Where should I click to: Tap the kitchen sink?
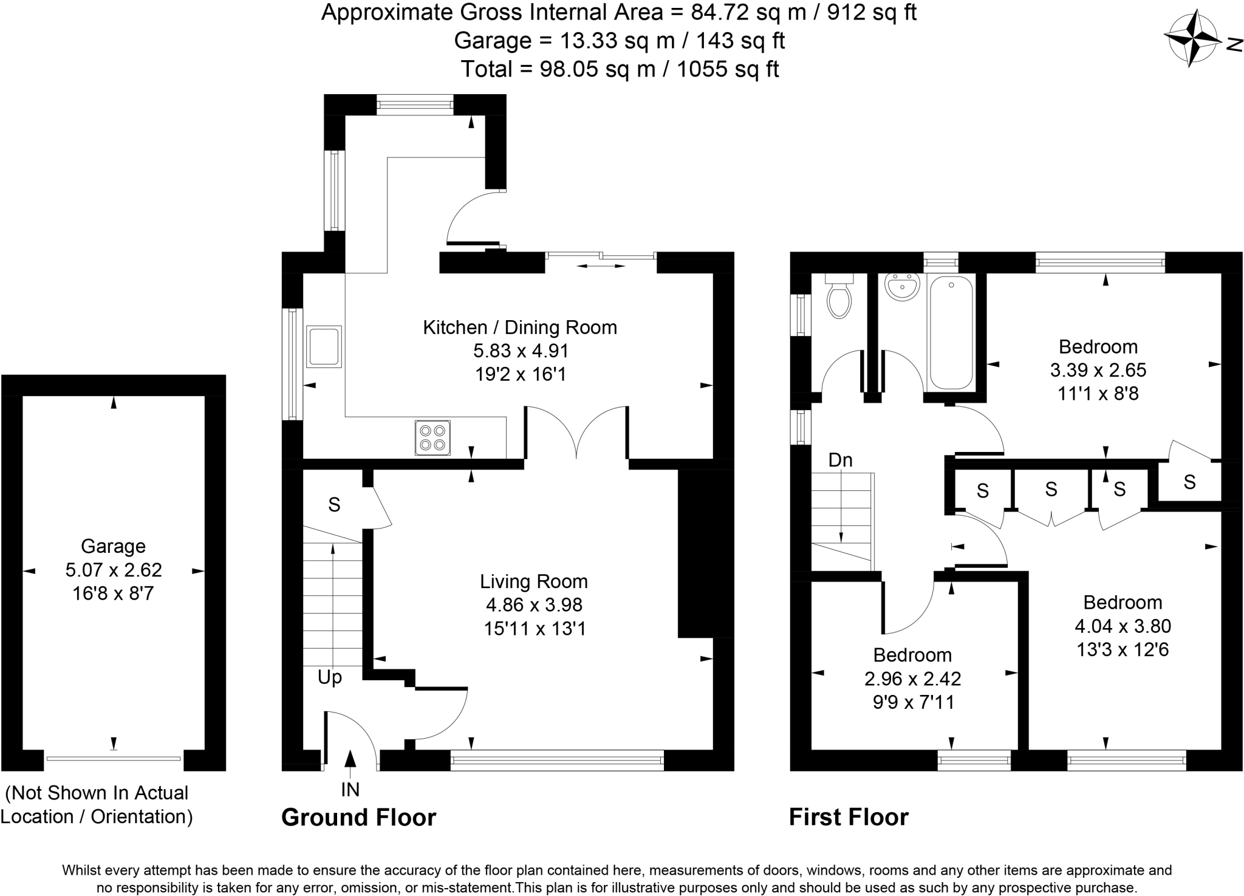(324, 347)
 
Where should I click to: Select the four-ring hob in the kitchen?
(432, 437)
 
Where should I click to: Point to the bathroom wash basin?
(903, 287)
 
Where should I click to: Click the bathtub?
(951, 332)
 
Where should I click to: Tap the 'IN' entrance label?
(350, 789)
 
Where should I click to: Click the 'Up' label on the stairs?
(330, 677)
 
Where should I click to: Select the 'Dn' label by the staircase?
(841, 460)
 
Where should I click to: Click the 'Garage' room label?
(113, 546)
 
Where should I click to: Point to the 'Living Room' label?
(534, 581)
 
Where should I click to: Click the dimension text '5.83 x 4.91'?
(521, 351)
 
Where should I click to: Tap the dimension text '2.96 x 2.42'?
(912, 679)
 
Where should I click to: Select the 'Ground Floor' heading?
(358, 818)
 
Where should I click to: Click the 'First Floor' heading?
(849, 818)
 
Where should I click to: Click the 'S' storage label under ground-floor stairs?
(334, 504)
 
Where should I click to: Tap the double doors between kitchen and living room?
(576, 433)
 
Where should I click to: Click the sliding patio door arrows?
(601, 265)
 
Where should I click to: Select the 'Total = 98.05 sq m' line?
(620, 69)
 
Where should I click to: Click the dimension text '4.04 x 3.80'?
(1123, 626)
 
